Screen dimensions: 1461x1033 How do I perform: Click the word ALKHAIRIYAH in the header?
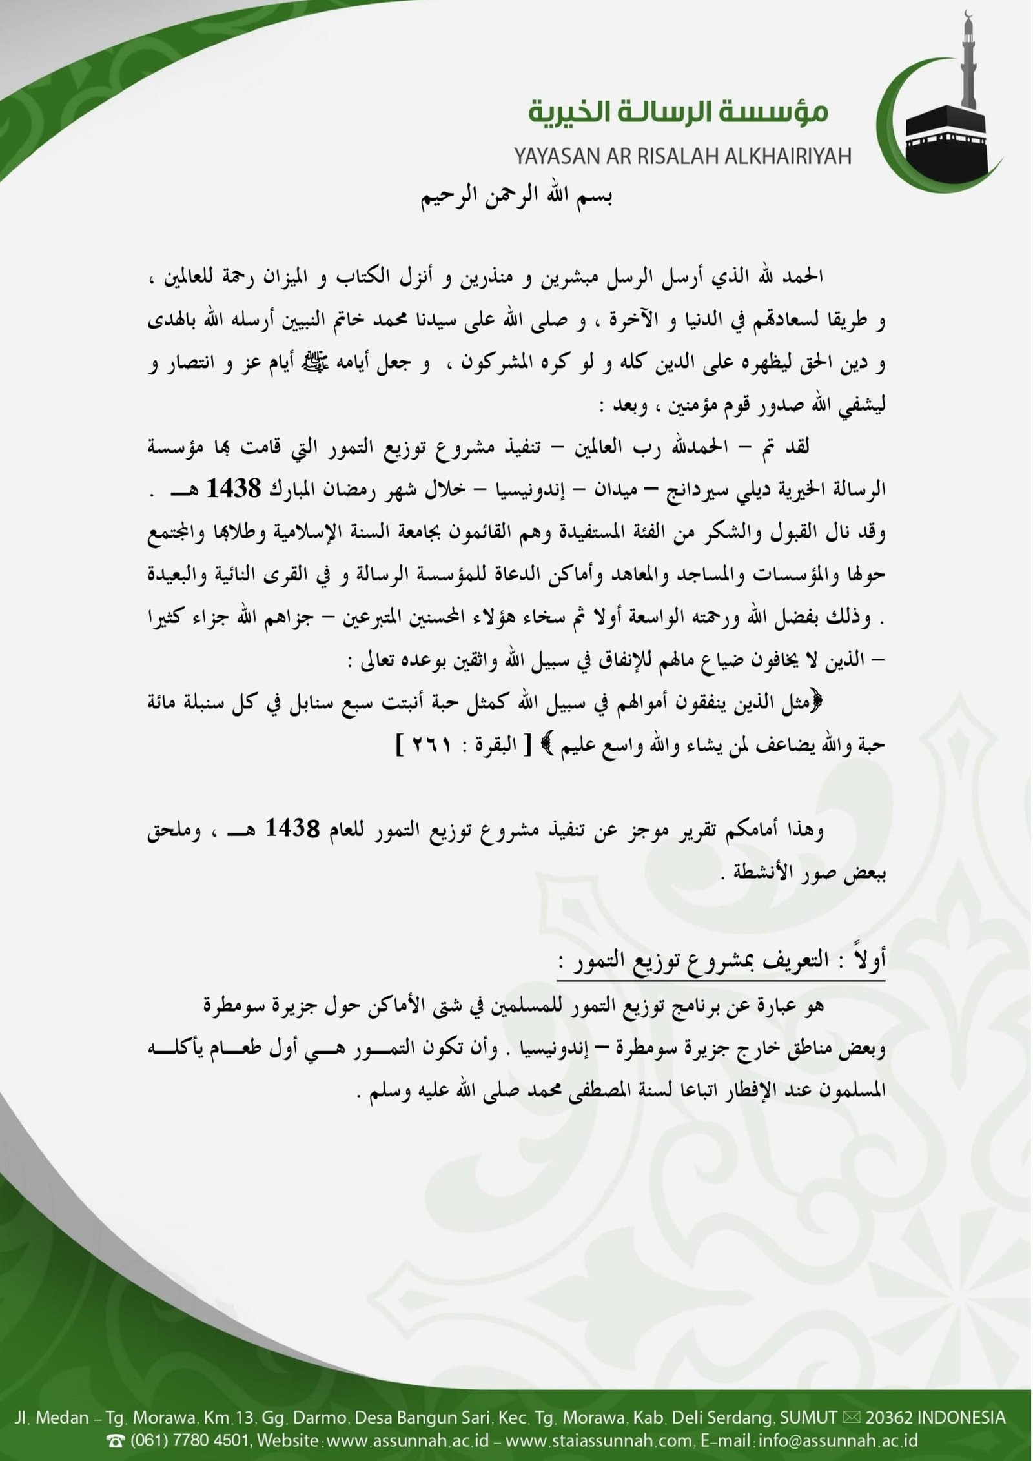780,156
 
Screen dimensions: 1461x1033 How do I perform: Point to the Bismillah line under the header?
516,196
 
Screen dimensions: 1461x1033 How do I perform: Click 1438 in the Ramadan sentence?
234,489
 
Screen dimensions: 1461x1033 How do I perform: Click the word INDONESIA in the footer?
961,1418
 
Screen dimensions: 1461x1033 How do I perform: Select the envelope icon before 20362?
851,1418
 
